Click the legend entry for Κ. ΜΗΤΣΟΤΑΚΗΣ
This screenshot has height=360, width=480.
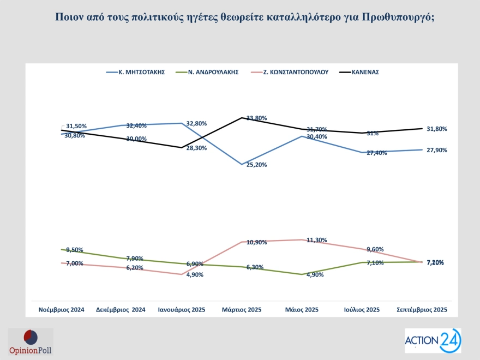pos(141,72)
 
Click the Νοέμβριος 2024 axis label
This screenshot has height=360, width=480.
pos(61,310)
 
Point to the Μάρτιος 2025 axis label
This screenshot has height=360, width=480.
pos(242,310)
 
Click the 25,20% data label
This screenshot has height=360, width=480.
pos(256,165)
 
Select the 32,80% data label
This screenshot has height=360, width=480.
pos(196,123)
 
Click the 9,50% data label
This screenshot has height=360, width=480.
pos(75,250)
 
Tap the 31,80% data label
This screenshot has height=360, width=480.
pos(436,129)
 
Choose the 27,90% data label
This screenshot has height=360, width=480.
pos(436,150)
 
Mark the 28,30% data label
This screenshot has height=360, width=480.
pos(196,148)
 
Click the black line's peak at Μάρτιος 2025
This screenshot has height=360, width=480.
pos(242,118)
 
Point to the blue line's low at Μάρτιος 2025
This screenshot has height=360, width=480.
pos(242,164)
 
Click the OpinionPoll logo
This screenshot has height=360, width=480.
pos(31,343)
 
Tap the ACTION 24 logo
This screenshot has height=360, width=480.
pos(433,341)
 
